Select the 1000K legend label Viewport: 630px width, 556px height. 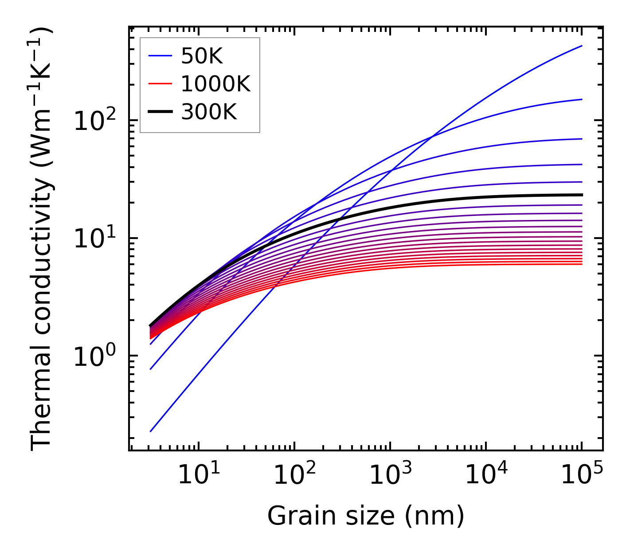pyautogui.click(x=215, y=84)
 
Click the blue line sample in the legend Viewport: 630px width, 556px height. pyautogui.click(x=160, y=56)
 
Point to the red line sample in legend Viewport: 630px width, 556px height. pyautogui.click(x=160, y=84)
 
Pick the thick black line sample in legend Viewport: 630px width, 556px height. pyautogui.click(x=160, y=112)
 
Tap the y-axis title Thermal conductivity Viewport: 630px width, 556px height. pyautogui.click(x=42, y=239)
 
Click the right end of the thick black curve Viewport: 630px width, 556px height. pyautogui.click(x=582, y=195)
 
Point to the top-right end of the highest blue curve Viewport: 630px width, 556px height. pyautogui.click(x=582, y=46)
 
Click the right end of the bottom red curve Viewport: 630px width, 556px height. pyautogui.click(x=582, y=264)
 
